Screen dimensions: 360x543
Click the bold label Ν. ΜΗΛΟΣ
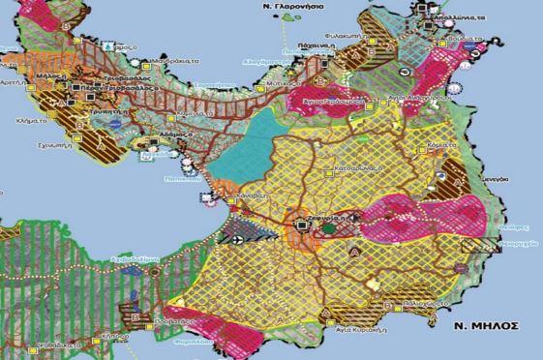[x=489, y=325]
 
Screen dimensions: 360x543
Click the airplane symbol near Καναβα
[x=239, y=234]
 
